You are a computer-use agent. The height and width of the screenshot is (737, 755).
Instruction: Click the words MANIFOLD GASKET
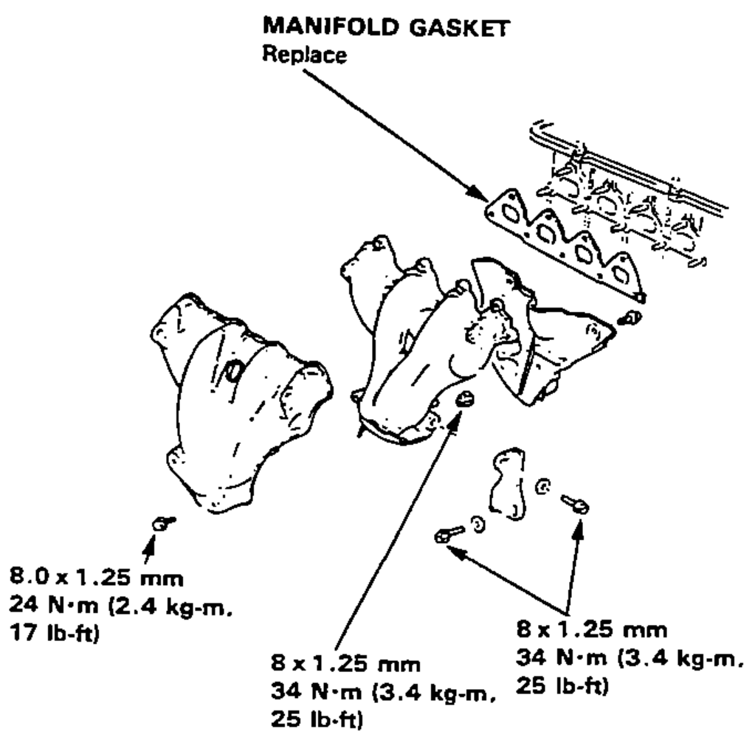(x=386, y=27)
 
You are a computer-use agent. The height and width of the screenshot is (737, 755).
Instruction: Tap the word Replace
(x=304, y=55)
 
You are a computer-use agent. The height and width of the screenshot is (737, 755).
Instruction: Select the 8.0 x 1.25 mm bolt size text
(x=96, y=577)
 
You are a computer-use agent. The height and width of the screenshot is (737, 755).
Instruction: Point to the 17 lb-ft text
(x=54, y=633)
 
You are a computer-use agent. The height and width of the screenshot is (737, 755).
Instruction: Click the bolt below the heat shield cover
(x=163, y=522)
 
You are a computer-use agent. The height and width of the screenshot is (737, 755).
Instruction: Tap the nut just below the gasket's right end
(x=629, y=318)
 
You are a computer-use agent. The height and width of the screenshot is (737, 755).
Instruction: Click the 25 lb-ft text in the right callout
(x=562, y=685)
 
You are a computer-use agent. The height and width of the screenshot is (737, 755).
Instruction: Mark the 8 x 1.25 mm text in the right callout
(x=592, y=629)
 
